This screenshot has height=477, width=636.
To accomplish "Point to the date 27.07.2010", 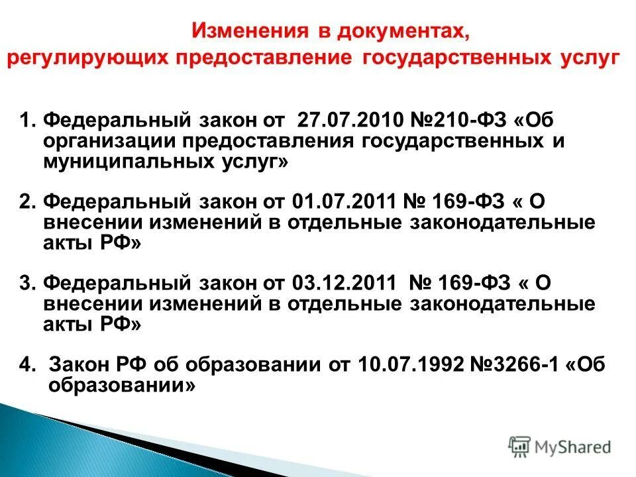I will click(x=344, y=122).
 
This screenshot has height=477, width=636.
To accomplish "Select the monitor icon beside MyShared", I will click(x=520, y=447).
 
